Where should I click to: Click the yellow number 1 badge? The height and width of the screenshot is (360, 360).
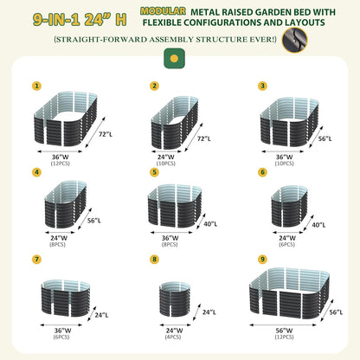(x=36, y=86)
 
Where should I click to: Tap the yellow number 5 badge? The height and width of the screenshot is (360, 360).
(x=154, y=172)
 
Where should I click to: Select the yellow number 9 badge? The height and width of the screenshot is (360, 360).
(x=262, y=260)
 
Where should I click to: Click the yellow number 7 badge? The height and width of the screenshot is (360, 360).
(x=36, y=260)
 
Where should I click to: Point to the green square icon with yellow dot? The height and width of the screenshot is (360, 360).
(x=174, y=59)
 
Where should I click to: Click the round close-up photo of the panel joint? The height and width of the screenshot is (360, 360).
(x=294, y=40)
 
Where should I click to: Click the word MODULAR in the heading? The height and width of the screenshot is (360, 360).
(x=163, y=11)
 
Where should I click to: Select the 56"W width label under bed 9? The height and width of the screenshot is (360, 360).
(x=284, y=331)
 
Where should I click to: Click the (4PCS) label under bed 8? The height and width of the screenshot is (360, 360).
(x=173, y=337)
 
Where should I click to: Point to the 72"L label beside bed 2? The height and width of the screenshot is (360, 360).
(x=204, y=138)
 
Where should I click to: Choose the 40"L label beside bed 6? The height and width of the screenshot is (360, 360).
(x=318, y=225)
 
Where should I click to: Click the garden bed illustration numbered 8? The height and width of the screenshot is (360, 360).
(x=175, y=300)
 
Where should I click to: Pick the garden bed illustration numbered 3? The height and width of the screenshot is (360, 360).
(x=290, y=122)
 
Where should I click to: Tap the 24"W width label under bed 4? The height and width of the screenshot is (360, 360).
(x=59, y=238)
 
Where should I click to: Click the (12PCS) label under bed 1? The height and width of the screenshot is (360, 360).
(x=61, y=164)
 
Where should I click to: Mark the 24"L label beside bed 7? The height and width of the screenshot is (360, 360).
(x=101, y=315)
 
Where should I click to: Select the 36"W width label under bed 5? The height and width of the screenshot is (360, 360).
(x=170, y=238)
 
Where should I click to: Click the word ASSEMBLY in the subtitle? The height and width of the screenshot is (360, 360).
(x=171, y=39)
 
